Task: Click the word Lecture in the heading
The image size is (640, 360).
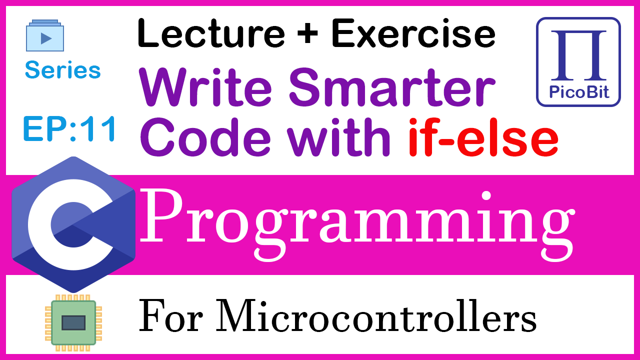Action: click(211, 33)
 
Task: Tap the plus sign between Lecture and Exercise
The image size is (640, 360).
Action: click(307, 33)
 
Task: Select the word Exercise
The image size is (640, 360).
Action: click(413, 33)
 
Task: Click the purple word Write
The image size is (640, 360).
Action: click(205, 86)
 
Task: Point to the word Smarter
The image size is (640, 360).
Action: click(392, 86)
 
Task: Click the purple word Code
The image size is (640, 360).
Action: click(205, 137)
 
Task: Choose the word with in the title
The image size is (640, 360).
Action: click(338, 137)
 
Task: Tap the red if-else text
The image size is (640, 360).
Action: click(483, 137)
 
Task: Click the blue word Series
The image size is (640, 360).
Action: click(63, 69)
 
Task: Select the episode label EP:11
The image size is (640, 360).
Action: click(69, 129)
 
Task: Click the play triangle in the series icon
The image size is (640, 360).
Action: click(46, 38)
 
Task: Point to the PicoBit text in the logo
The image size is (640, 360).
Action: click(579, 92)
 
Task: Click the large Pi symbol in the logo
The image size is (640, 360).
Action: click(578, 55)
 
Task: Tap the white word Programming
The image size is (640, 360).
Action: click(357, 225)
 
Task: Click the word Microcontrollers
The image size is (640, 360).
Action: click(376, 315)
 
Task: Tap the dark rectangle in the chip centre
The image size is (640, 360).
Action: click(73, 323)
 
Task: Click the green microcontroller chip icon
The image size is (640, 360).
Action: click(73, 323)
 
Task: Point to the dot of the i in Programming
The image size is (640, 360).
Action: click(486, 196)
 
